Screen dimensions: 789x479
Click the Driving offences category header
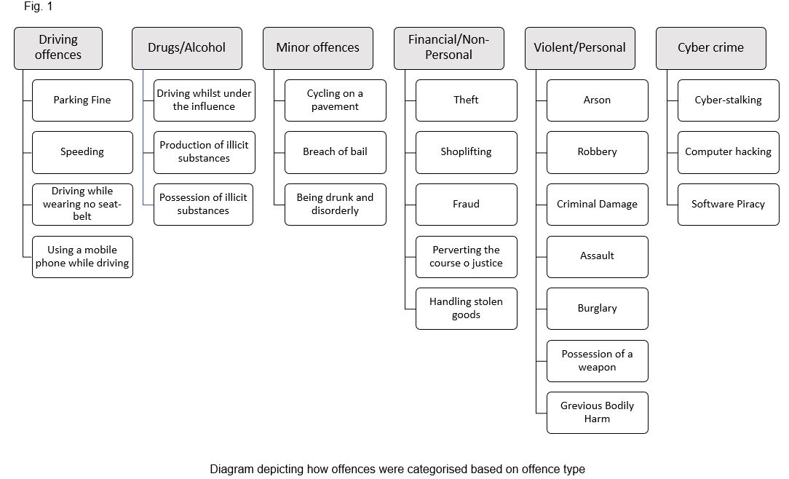[58, 48]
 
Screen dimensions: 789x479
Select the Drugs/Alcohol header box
[186, 48]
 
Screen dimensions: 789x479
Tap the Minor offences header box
[318, 48]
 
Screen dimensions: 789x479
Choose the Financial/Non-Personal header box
[449, 48]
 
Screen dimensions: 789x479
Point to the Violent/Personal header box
[579, 48]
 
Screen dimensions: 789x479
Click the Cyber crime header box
[711, 48]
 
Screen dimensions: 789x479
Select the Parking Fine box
[82, 100]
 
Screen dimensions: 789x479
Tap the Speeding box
[82, 152]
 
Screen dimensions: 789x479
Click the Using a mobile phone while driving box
[82, 256]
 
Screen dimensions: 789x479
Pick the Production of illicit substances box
[205, 152]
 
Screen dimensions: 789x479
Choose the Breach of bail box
[335, 152]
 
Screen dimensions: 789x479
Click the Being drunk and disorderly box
[335, 205]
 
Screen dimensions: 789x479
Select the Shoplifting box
[467, 152]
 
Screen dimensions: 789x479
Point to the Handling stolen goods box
[467, 309]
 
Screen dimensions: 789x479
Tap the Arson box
[598, 100]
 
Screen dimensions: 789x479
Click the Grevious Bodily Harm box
[598, 413]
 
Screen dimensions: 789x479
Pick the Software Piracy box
[728, 205]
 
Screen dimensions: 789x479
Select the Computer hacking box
[728, 152]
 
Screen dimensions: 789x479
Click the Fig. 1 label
[39, 7]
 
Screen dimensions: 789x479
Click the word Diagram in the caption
[231, 470]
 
